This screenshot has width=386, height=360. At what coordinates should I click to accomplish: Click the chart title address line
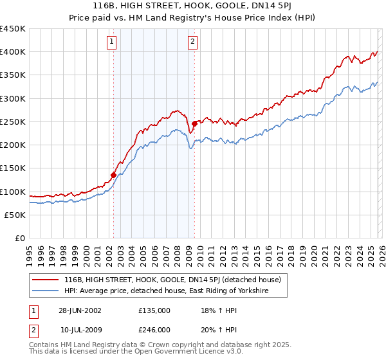(x=192, y=6)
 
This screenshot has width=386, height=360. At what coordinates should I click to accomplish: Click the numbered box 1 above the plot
(x=112, y=42)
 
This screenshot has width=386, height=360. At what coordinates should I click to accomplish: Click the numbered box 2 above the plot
(x=192, y=42)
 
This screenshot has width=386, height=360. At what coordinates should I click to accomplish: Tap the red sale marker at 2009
(x=194, y=123)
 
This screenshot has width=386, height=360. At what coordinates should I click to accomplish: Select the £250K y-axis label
(x=13, y=122)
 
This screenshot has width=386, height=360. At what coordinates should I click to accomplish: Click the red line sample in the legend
(x=46, y=280)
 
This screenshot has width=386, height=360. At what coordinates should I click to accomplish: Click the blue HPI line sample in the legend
(x=46, y=291)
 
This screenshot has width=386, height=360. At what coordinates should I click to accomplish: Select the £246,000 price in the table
(x=154, y=329)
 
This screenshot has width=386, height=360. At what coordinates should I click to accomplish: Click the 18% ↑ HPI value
(x=217, y=310)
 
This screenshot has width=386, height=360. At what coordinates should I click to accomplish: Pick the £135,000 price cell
(x=154, y=310)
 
